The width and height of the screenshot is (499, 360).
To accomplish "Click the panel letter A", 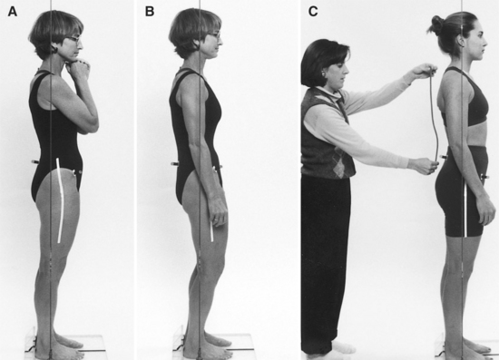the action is point(13,12).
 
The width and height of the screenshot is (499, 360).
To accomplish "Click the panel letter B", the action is point(150,12).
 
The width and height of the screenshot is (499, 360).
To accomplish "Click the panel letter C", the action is point(313,12).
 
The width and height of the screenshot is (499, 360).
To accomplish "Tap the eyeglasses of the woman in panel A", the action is point(74,39).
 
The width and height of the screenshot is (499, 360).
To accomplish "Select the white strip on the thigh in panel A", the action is point(60,200).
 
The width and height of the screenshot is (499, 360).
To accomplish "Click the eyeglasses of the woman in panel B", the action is point(214,35).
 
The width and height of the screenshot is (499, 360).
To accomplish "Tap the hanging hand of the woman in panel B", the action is point(219,211).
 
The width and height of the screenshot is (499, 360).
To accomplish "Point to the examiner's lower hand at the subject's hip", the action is point(424,165).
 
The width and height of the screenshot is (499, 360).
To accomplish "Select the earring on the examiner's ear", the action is point(323,74).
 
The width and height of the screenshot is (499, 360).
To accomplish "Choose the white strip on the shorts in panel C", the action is point(465,209).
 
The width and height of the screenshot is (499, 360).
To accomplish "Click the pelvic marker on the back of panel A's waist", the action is point(35,162).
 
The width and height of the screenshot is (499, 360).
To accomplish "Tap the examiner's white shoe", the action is point(343,347).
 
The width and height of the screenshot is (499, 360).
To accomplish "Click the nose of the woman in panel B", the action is point(221,41).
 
